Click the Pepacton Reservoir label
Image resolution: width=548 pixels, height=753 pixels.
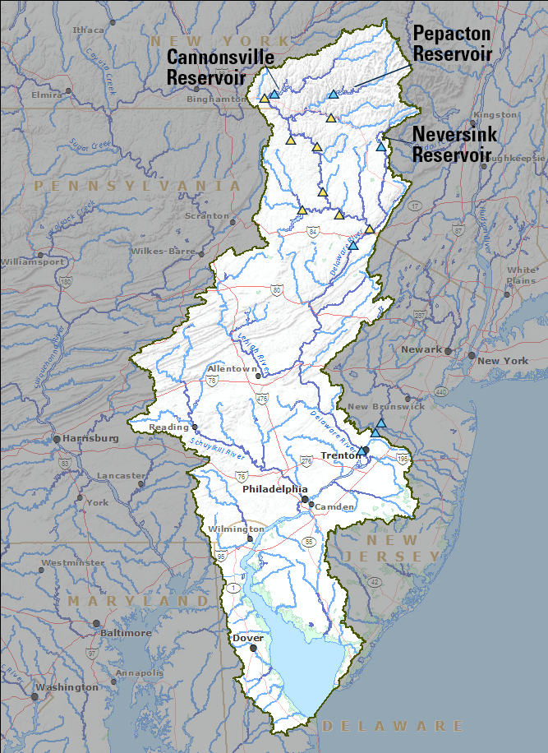click(452, 44)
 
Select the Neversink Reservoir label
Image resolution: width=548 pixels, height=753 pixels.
click(451, 144)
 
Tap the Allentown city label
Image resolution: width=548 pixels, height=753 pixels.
click(233, 369)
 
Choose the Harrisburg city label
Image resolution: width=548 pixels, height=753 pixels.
click(90, 438)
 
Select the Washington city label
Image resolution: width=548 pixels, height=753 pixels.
click(67, 687)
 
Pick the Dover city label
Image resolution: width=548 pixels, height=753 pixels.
click(247, 638)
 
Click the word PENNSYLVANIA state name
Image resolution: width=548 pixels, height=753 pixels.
click(138, 187)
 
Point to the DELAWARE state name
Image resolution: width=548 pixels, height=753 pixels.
click(393, 726)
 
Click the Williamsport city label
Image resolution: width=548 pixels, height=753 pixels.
click(33, 262)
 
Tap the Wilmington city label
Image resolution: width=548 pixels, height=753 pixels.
click(236, 529)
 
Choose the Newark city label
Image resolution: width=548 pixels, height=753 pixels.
click(421, 349)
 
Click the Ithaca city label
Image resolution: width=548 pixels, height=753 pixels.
click(89, 30)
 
